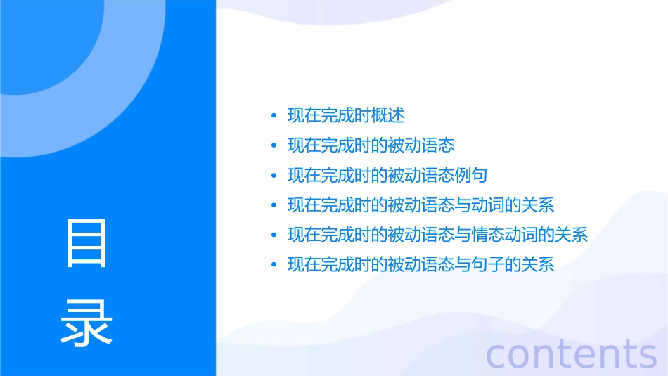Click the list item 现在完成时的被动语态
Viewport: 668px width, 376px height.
click(371, 145)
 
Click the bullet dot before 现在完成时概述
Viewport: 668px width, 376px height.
click(274, 116)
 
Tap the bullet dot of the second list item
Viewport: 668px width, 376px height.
click(274, 146)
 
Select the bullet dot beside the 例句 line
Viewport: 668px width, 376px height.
click(274, 176)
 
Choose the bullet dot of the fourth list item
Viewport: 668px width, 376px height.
click(274, 206)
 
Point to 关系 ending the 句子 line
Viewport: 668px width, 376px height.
click(539, 265)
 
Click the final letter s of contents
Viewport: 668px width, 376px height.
click(648, 355)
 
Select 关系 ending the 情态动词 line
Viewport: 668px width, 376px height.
click(572, 235)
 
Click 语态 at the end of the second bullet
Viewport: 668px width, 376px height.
click(439, 145)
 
